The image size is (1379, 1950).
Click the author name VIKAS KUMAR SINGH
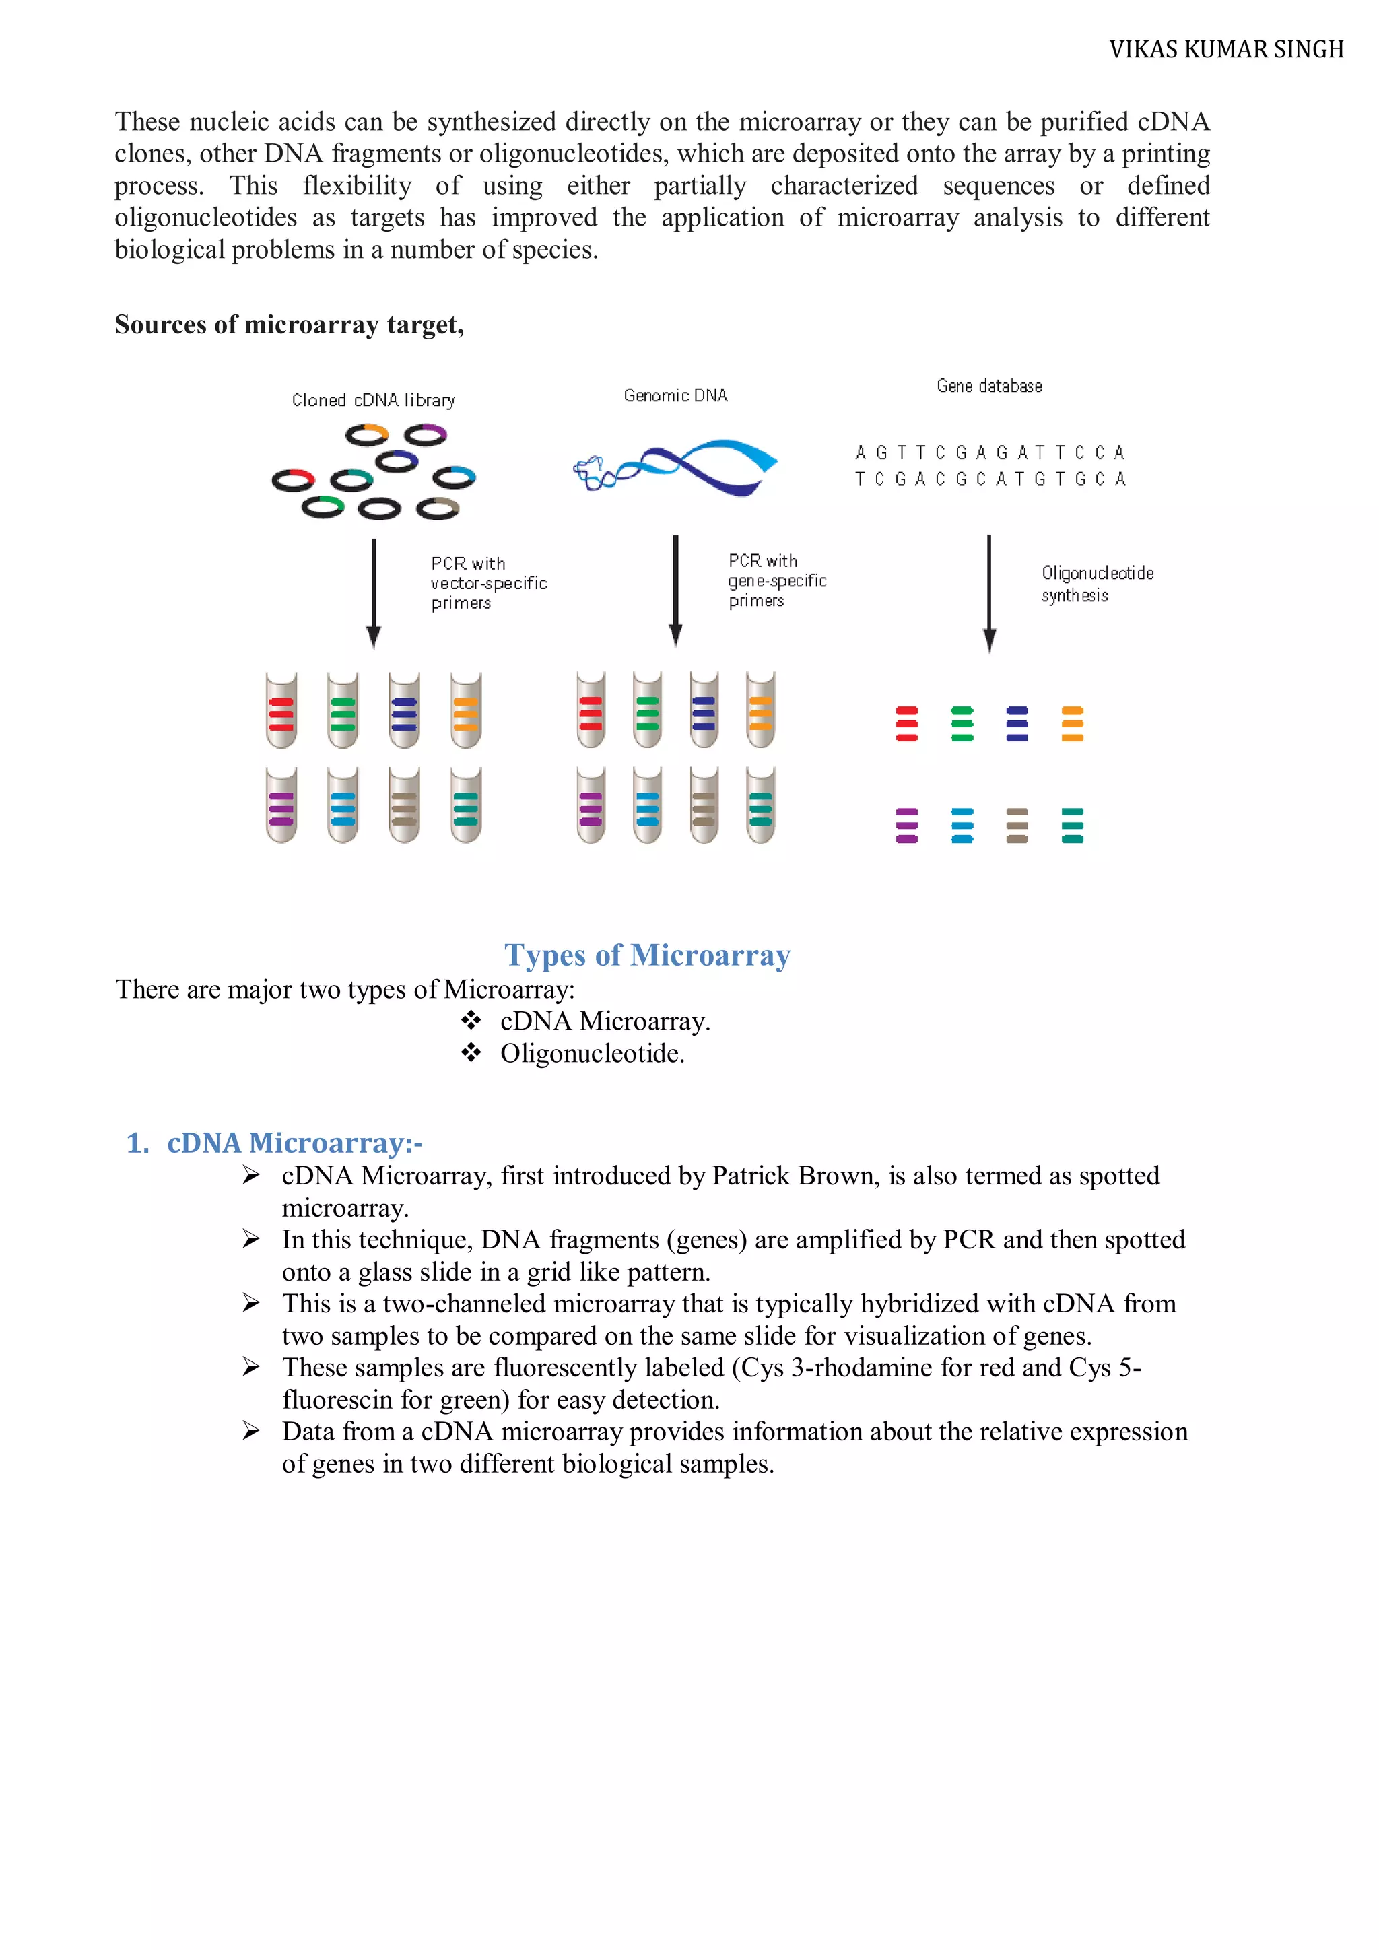point(1225,50)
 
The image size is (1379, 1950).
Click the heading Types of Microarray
point(647,955)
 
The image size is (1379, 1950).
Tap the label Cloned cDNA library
point(373,400)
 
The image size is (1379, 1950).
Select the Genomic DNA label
point(675,395)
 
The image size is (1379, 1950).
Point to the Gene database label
point(988,386)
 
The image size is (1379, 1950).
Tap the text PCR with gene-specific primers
point(776,580)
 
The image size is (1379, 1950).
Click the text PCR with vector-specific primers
point(487,582)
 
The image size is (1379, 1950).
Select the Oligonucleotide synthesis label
point(1096,584)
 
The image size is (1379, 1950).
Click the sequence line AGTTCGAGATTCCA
point(989,452)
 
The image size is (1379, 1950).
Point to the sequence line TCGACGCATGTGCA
point(989,479)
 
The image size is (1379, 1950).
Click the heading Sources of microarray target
point(289,325)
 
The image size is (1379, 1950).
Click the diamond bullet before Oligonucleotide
point(471,1053)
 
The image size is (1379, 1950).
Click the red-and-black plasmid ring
point(293,481)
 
